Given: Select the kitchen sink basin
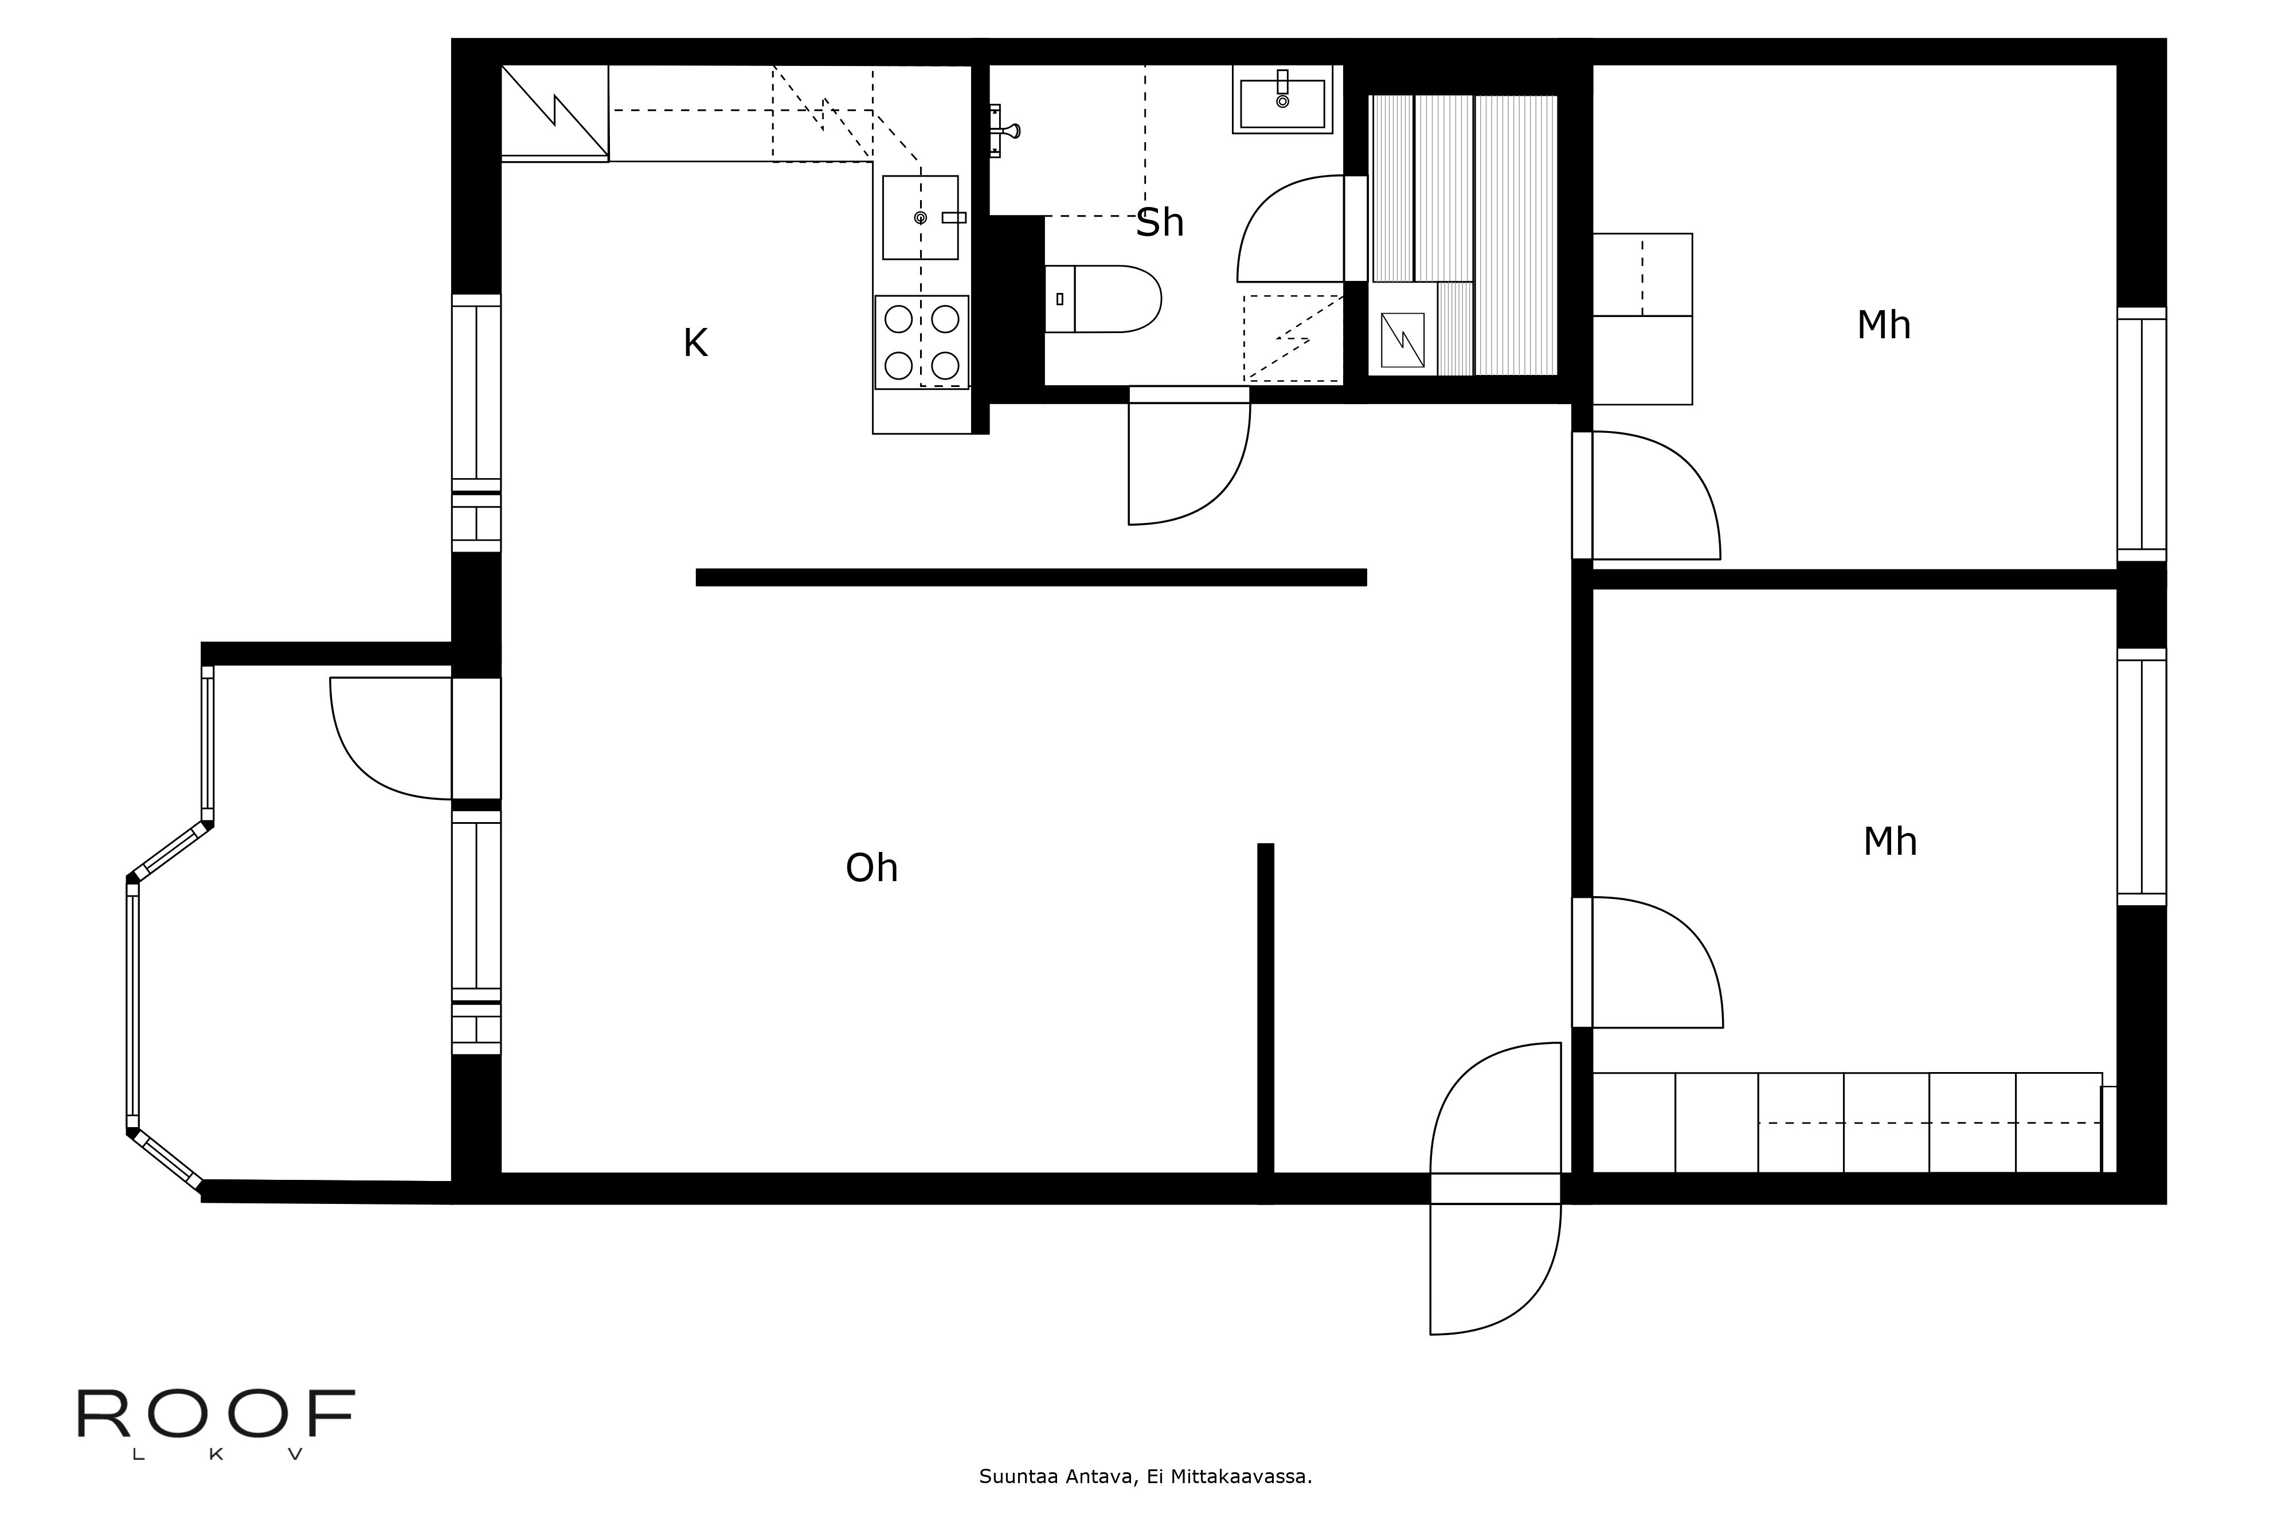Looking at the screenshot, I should tap(919, 217).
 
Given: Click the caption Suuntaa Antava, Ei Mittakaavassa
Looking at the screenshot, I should tap(1145, 1476).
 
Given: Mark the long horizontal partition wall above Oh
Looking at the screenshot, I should tap(1031, 577).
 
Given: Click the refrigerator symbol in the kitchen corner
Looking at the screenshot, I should tap(554, 110).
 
